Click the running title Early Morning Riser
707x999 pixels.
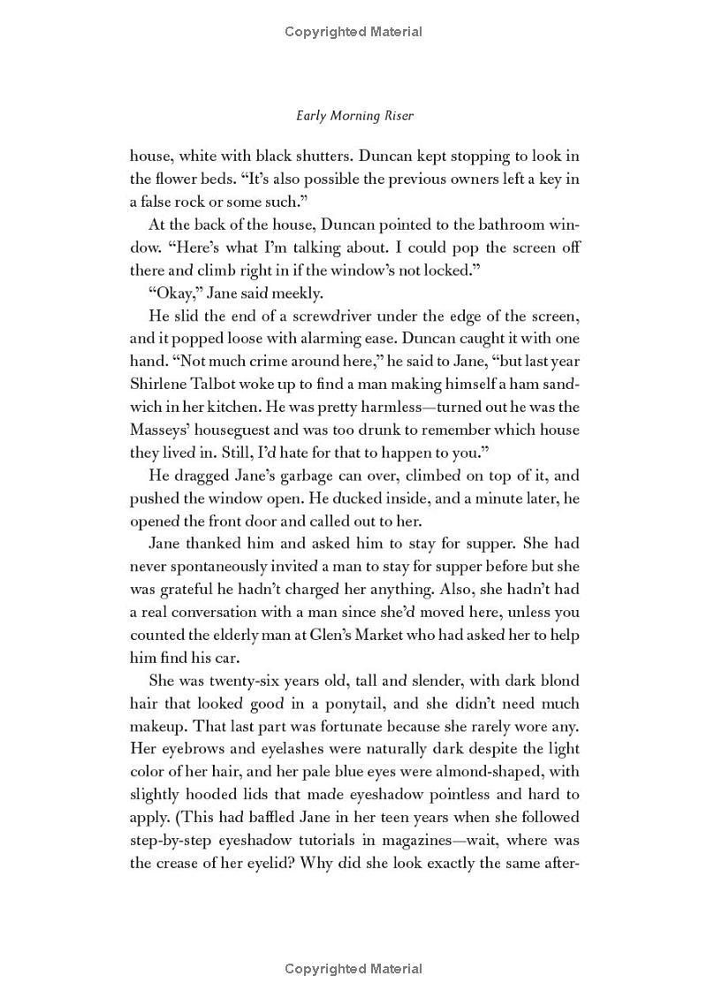(x=353, y=116)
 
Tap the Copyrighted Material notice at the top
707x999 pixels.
(x=353, y=32)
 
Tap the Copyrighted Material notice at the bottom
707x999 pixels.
(x=353, y=970)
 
